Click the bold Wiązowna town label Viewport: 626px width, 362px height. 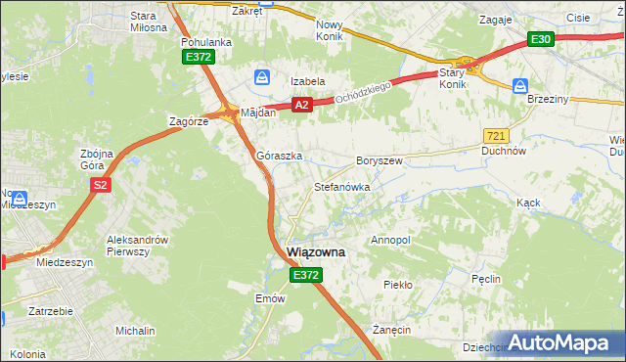point(316,251)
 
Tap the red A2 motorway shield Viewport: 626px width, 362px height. point(302,105)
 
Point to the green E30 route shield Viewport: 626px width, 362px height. point(541,39)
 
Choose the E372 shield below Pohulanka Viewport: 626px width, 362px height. point(199,58)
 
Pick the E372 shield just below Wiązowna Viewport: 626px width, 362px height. point(304,277)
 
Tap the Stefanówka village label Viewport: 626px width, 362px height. point(340,185)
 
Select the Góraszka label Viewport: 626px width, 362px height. point(279,156)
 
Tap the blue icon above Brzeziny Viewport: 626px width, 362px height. point(520,86)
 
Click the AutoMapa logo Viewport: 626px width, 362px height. point(560,343)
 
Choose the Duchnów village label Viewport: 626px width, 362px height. point(504,152)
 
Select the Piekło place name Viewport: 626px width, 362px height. point(398,285)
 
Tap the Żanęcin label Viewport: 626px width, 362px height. point(391,330)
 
